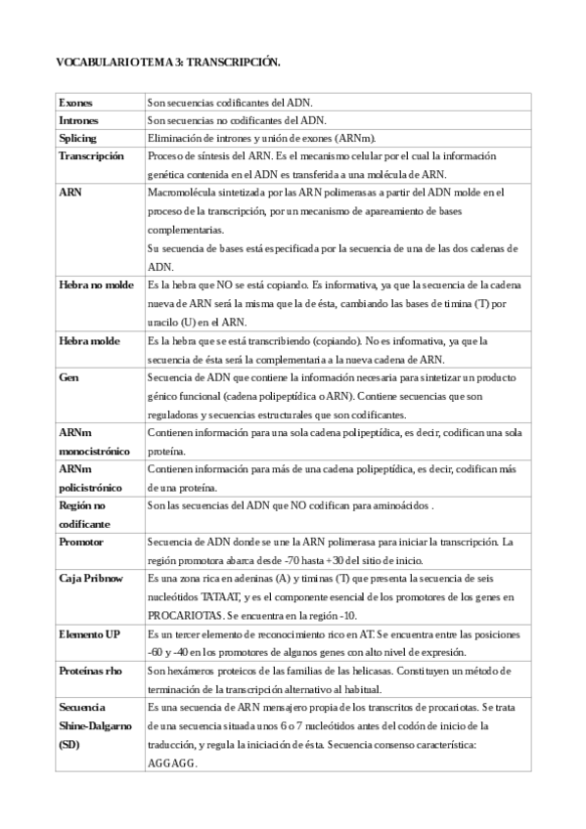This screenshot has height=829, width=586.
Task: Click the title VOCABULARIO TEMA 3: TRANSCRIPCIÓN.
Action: pos(168,62)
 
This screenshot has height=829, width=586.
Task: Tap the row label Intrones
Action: pos(78,120)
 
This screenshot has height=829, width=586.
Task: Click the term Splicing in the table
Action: pos(78,138)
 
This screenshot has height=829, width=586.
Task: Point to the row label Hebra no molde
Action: pos(97,284)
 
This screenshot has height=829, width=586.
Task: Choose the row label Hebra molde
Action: pos(88,340)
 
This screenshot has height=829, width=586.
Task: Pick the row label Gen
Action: pos(68,376)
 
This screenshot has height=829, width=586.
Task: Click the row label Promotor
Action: pos(81,542)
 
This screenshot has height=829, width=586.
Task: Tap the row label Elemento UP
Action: pos(89,633)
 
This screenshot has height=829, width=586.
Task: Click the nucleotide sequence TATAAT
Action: pos(220,596)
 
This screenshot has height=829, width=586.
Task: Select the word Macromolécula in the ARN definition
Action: pos(183,193)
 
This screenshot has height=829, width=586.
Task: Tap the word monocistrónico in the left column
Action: pos(94,451)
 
